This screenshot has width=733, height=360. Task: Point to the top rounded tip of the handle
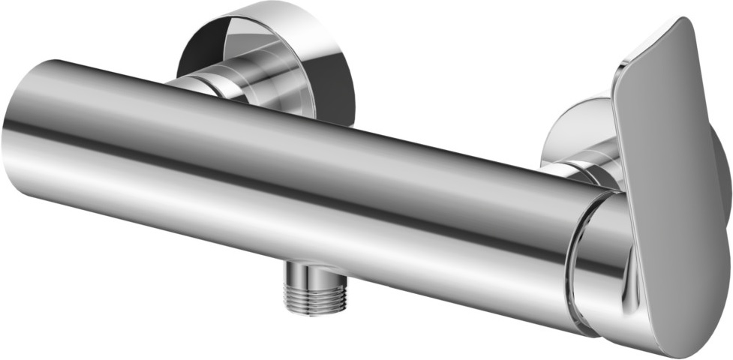(680, 26)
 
